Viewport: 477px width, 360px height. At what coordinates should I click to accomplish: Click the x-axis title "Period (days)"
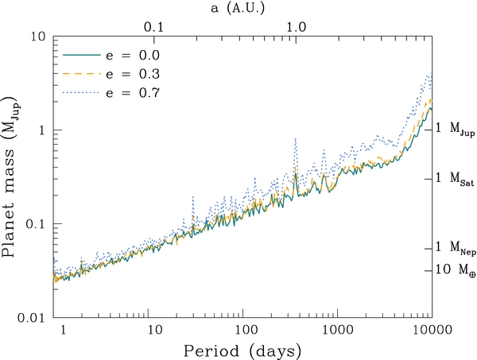pyautogui.click(x=242, y=351)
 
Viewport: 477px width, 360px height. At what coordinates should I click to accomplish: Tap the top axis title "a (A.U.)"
pyautogui.click(x=238, y=9)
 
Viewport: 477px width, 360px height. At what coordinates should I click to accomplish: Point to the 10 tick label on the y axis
pyautogui.click(x=37, y=37)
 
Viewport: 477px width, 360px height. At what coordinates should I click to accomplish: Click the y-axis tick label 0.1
pyautogui.click(x=35, y=224)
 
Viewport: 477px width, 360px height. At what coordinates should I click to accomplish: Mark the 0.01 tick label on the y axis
pyautogui.click(x=31, y=318)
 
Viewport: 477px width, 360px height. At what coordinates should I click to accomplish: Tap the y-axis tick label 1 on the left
pyautogui.click(x=42, y=130)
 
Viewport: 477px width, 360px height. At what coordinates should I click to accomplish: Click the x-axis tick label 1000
pyautogui.click(x=338, y=330)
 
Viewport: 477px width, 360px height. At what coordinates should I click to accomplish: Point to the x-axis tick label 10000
pyautogui.click(x=432, y=330)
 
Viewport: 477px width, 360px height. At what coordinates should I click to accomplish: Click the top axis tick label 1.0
pyautogui.click(x=297, y=28)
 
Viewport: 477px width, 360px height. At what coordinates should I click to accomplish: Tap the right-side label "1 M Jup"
pyautogui.click(x=455, y=129)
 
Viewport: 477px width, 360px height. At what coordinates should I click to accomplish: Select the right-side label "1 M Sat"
pyautogui.click(x=455, y=178)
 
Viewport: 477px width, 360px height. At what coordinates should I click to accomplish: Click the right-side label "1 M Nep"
pyautogui.click(x=456, y=248)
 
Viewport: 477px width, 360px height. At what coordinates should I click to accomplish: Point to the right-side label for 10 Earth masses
pyautogui.click(x=456, y=269)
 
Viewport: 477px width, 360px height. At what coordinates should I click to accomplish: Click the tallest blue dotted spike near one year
pyautogui.click(x=296, y=139)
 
